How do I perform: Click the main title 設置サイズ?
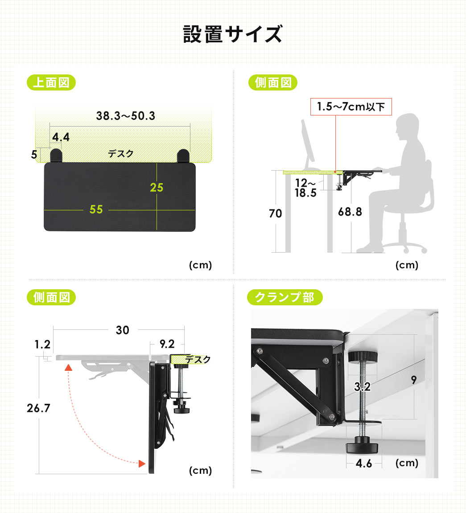(x=233, y=34)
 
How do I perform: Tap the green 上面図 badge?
(x=51, y=82)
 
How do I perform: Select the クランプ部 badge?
(x=285, y=297)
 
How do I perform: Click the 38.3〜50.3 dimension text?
(x=126, y=116)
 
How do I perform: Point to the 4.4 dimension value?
(x=61, y=137)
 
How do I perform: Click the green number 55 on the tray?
(x=96, y=209)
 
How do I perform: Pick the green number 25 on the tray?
(x=157, y=188)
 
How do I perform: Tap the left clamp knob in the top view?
(x=56, y=156)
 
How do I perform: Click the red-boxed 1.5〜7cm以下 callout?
(x=351, y=107)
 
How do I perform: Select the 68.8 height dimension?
(x=350, y=212)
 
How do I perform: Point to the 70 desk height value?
(x=275, y=213)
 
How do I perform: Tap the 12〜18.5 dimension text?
(x=305, y=188)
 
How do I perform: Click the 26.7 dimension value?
(x=38, y=408)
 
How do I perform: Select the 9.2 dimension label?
(x=167, y=344)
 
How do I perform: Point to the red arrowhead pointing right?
(x=142, y=463)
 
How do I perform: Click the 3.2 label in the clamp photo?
(x=362, y=387)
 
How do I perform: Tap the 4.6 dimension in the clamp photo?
(x=364, y=463)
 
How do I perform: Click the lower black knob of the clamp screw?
(x=362, y=446)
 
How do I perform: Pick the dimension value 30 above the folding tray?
(x=122, y=330)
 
